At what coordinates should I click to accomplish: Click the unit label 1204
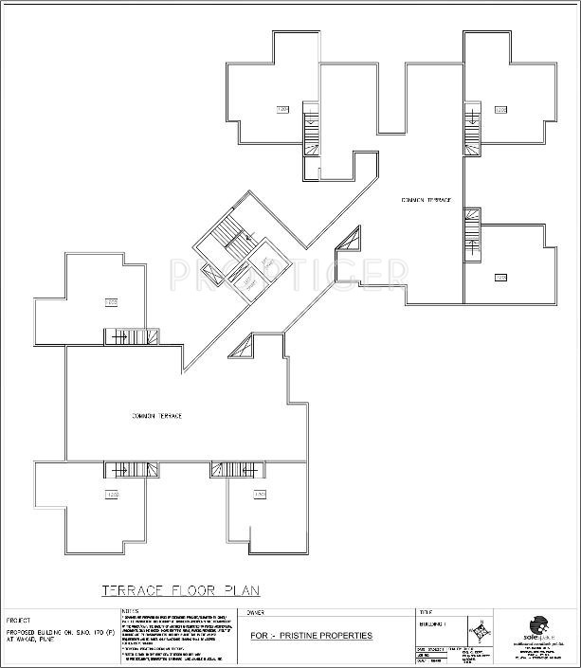click(281, 110)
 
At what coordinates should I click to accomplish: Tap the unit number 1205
click(500, 110)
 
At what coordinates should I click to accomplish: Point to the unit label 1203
click(111, 302)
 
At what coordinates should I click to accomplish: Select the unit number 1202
click(112, 495)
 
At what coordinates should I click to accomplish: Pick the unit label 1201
click(260, 495)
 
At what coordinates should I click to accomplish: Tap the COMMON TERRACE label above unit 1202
click(157, 416)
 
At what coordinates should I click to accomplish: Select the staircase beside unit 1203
click(134, 336)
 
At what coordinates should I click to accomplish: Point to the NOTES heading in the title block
click(130, 611)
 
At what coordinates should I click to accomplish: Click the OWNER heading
click(257, 613)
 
